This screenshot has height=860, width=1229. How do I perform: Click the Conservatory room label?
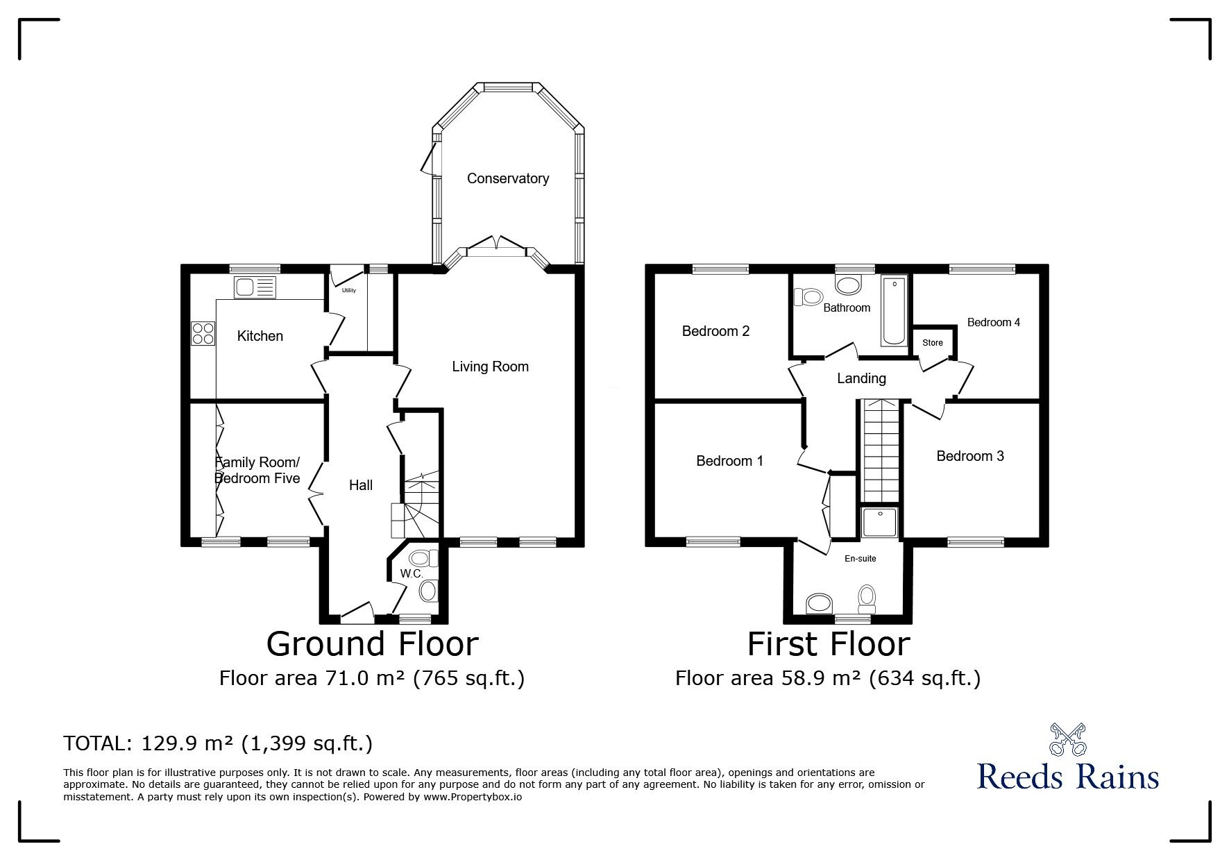point(507,178)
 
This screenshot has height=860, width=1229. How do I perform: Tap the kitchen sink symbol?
point(255,287)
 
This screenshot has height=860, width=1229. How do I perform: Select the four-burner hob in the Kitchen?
point(203,334)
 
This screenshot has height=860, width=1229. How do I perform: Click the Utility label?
point(348,291)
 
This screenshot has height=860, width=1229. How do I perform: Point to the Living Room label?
point(490,366)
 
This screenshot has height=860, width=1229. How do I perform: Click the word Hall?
point(360,485)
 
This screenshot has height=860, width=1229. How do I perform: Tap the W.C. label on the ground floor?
point(412,574)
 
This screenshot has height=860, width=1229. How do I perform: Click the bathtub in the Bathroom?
point(893,311)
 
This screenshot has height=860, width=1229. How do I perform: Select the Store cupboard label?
point(932,343)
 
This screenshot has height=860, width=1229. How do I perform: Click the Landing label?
point(861,378)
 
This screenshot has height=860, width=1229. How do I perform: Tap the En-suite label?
point(860,558)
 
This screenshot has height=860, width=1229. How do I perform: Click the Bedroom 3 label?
point(969,456)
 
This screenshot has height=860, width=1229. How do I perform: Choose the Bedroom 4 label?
point(993,322)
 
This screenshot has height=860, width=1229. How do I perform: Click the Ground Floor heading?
point(372,643)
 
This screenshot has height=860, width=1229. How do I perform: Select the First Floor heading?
point(828,643)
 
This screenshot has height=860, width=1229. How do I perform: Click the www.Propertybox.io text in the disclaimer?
point(472,798)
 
